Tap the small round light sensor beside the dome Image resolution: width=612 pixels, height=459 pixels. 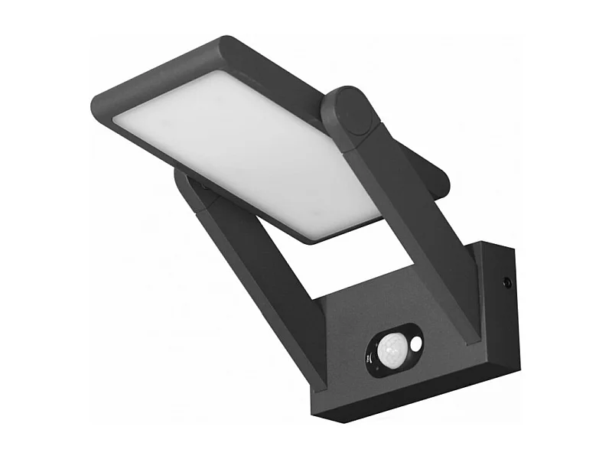pos(415,345)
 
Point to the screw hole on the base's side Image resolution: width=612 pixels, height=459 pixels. pos(506,283)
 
